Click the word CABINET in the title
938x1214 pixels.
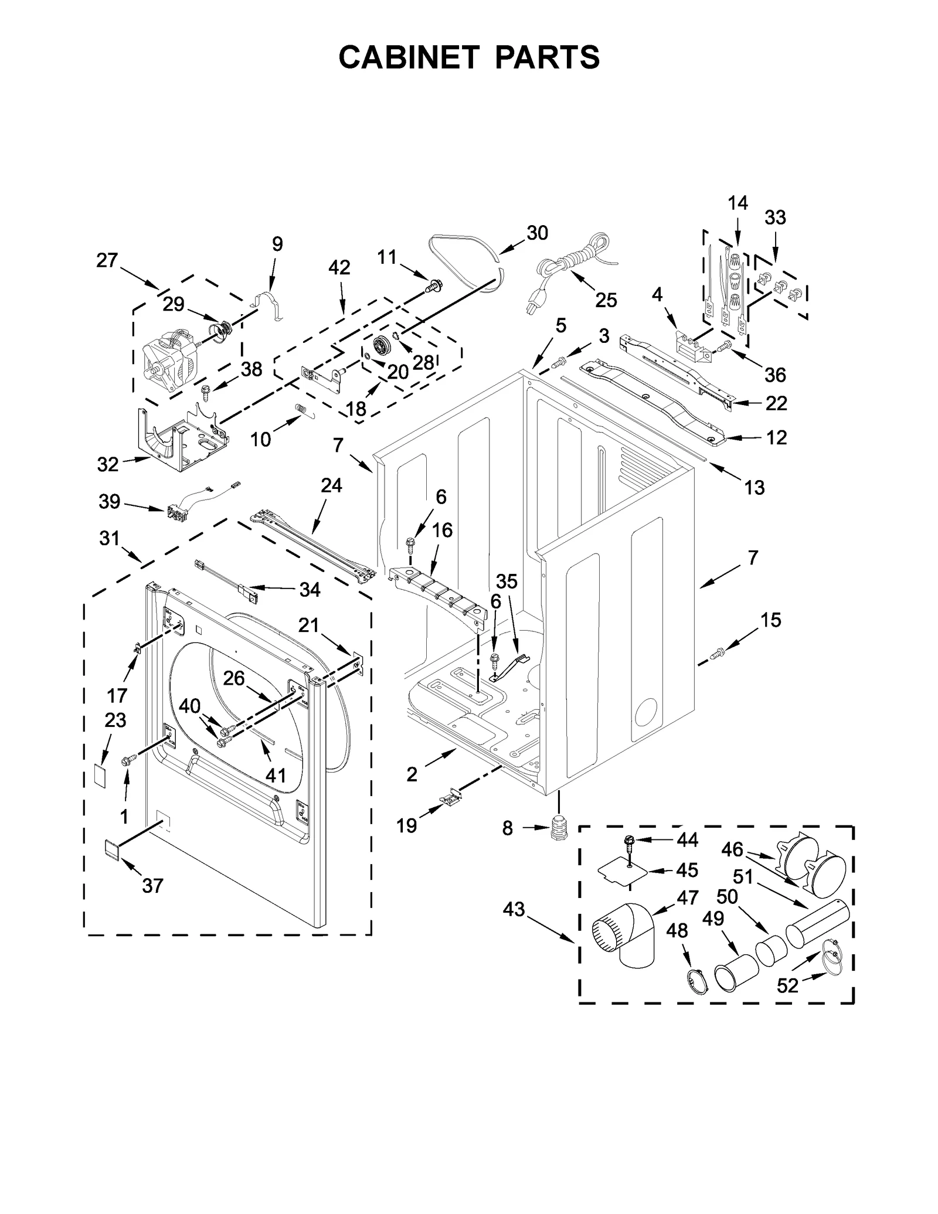pos(409,57)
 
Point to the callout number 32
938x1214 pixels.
pos(108,464)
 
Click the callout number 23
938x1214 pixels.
pos(115,720)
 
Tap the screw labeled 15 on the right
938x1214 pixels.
pos(718,651)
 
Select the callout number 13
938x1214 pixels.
pos(755,487)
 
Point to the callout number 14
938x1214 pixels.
pos(738,203)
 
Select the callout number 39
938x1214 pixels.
pos(109,501)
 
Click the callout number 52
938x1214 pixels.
pos(787,986)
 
